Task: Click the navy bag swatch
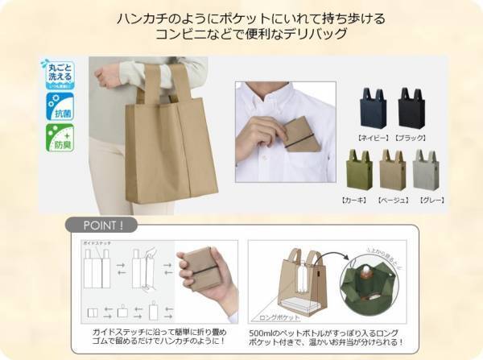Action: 373,110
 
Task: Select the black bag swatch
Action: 411,110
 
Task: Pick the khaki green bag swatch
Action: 360,171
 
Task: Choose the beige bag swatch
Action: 393,171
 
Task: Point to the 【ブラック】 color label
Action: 414,138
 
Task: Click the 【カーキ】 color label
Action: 358,199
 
